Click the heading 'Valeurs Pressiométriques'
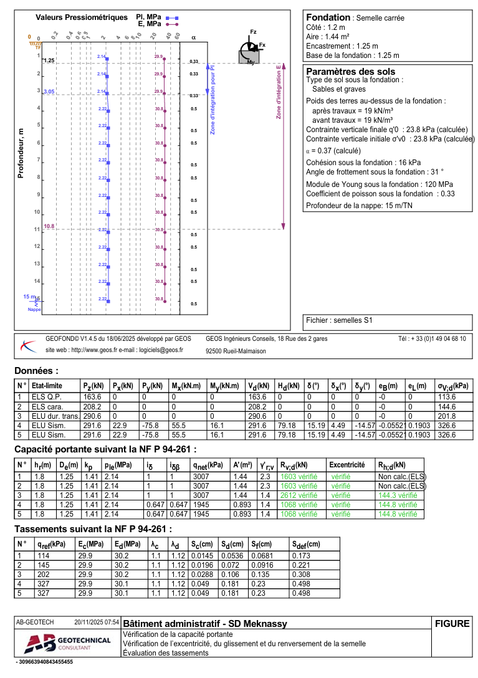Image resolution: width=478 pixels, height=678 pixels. pos(76,17)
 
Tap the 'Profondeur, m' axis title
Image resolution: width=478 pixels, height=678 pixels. pos(21,154)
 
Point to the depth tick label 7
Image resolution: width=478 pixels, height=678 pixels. pos(38,160)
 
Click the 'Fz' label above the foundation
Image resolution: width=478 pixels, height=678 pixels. pos(253,31)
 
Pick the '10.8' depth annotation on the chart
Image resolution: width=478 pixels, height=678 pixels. pos(49,226)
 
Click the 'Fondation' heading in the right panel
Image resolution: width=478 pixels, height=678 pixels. pos(328,17)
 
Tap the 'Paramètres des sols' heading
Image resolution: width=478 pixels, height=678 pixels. pos(351,72)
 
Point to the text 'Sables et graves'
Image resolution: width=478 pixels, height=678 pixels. pos(339,89)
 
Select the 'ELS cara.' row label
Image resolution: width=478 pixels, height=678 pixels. pos(47,406)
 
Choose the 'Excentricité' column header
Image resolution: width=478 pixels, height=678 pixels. pos(347,465)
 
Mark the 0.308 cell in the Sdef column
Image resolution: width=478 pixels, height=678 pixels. pos(301,575)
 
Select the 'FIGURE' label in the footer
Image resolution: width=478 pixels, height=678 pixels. pos(452,623)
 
